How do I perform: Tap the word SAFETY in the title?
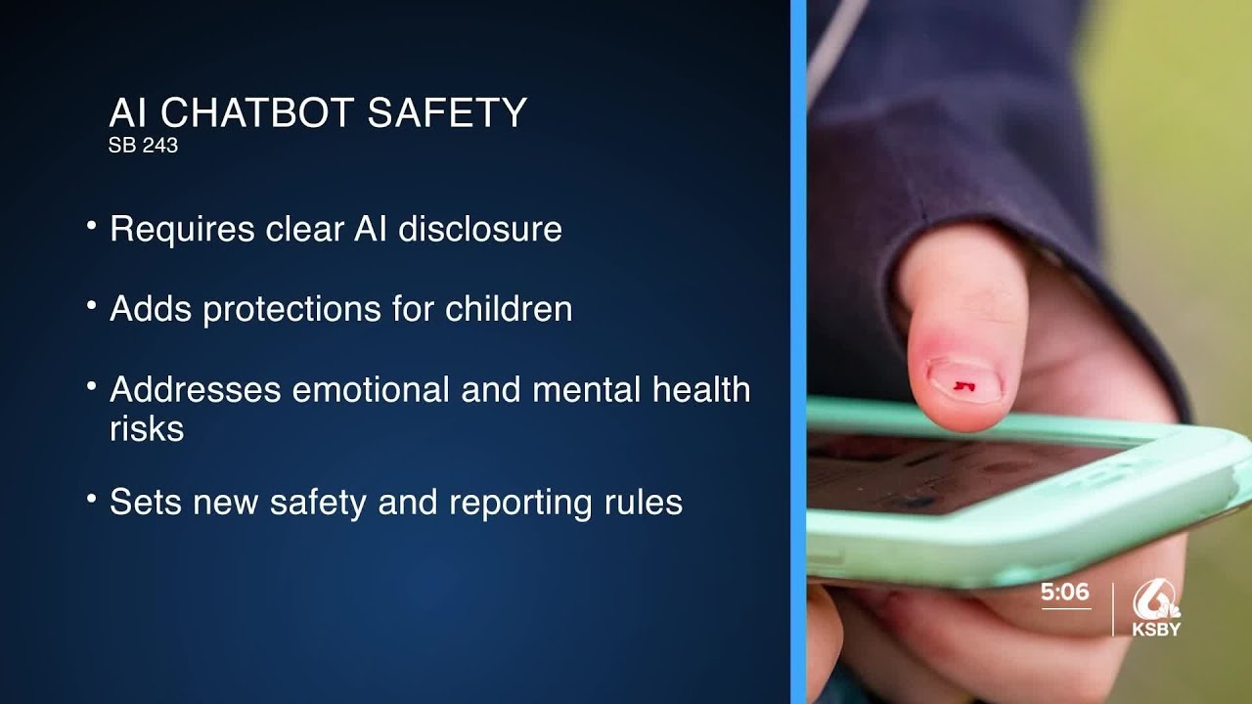pyautogui.click(x=447, y=112)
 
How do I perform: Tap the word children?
pyautogui.click(x=509, y=309)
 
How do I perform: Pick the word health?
pyautogui.click(x=701, y=389)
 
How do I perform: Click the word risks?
pyautogui.click(x=147, y=428)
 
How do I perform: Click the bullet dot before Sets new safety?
pyautogui.click(x=91, y=499)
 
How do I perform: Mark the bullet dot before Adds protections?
pyautogui.click(x=91, y=306)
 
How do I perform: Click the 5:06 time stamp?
pyautogui.click(x=1064, y=593)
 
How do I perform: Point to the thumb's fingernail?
pyautogui.click(x=962, y=381)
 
